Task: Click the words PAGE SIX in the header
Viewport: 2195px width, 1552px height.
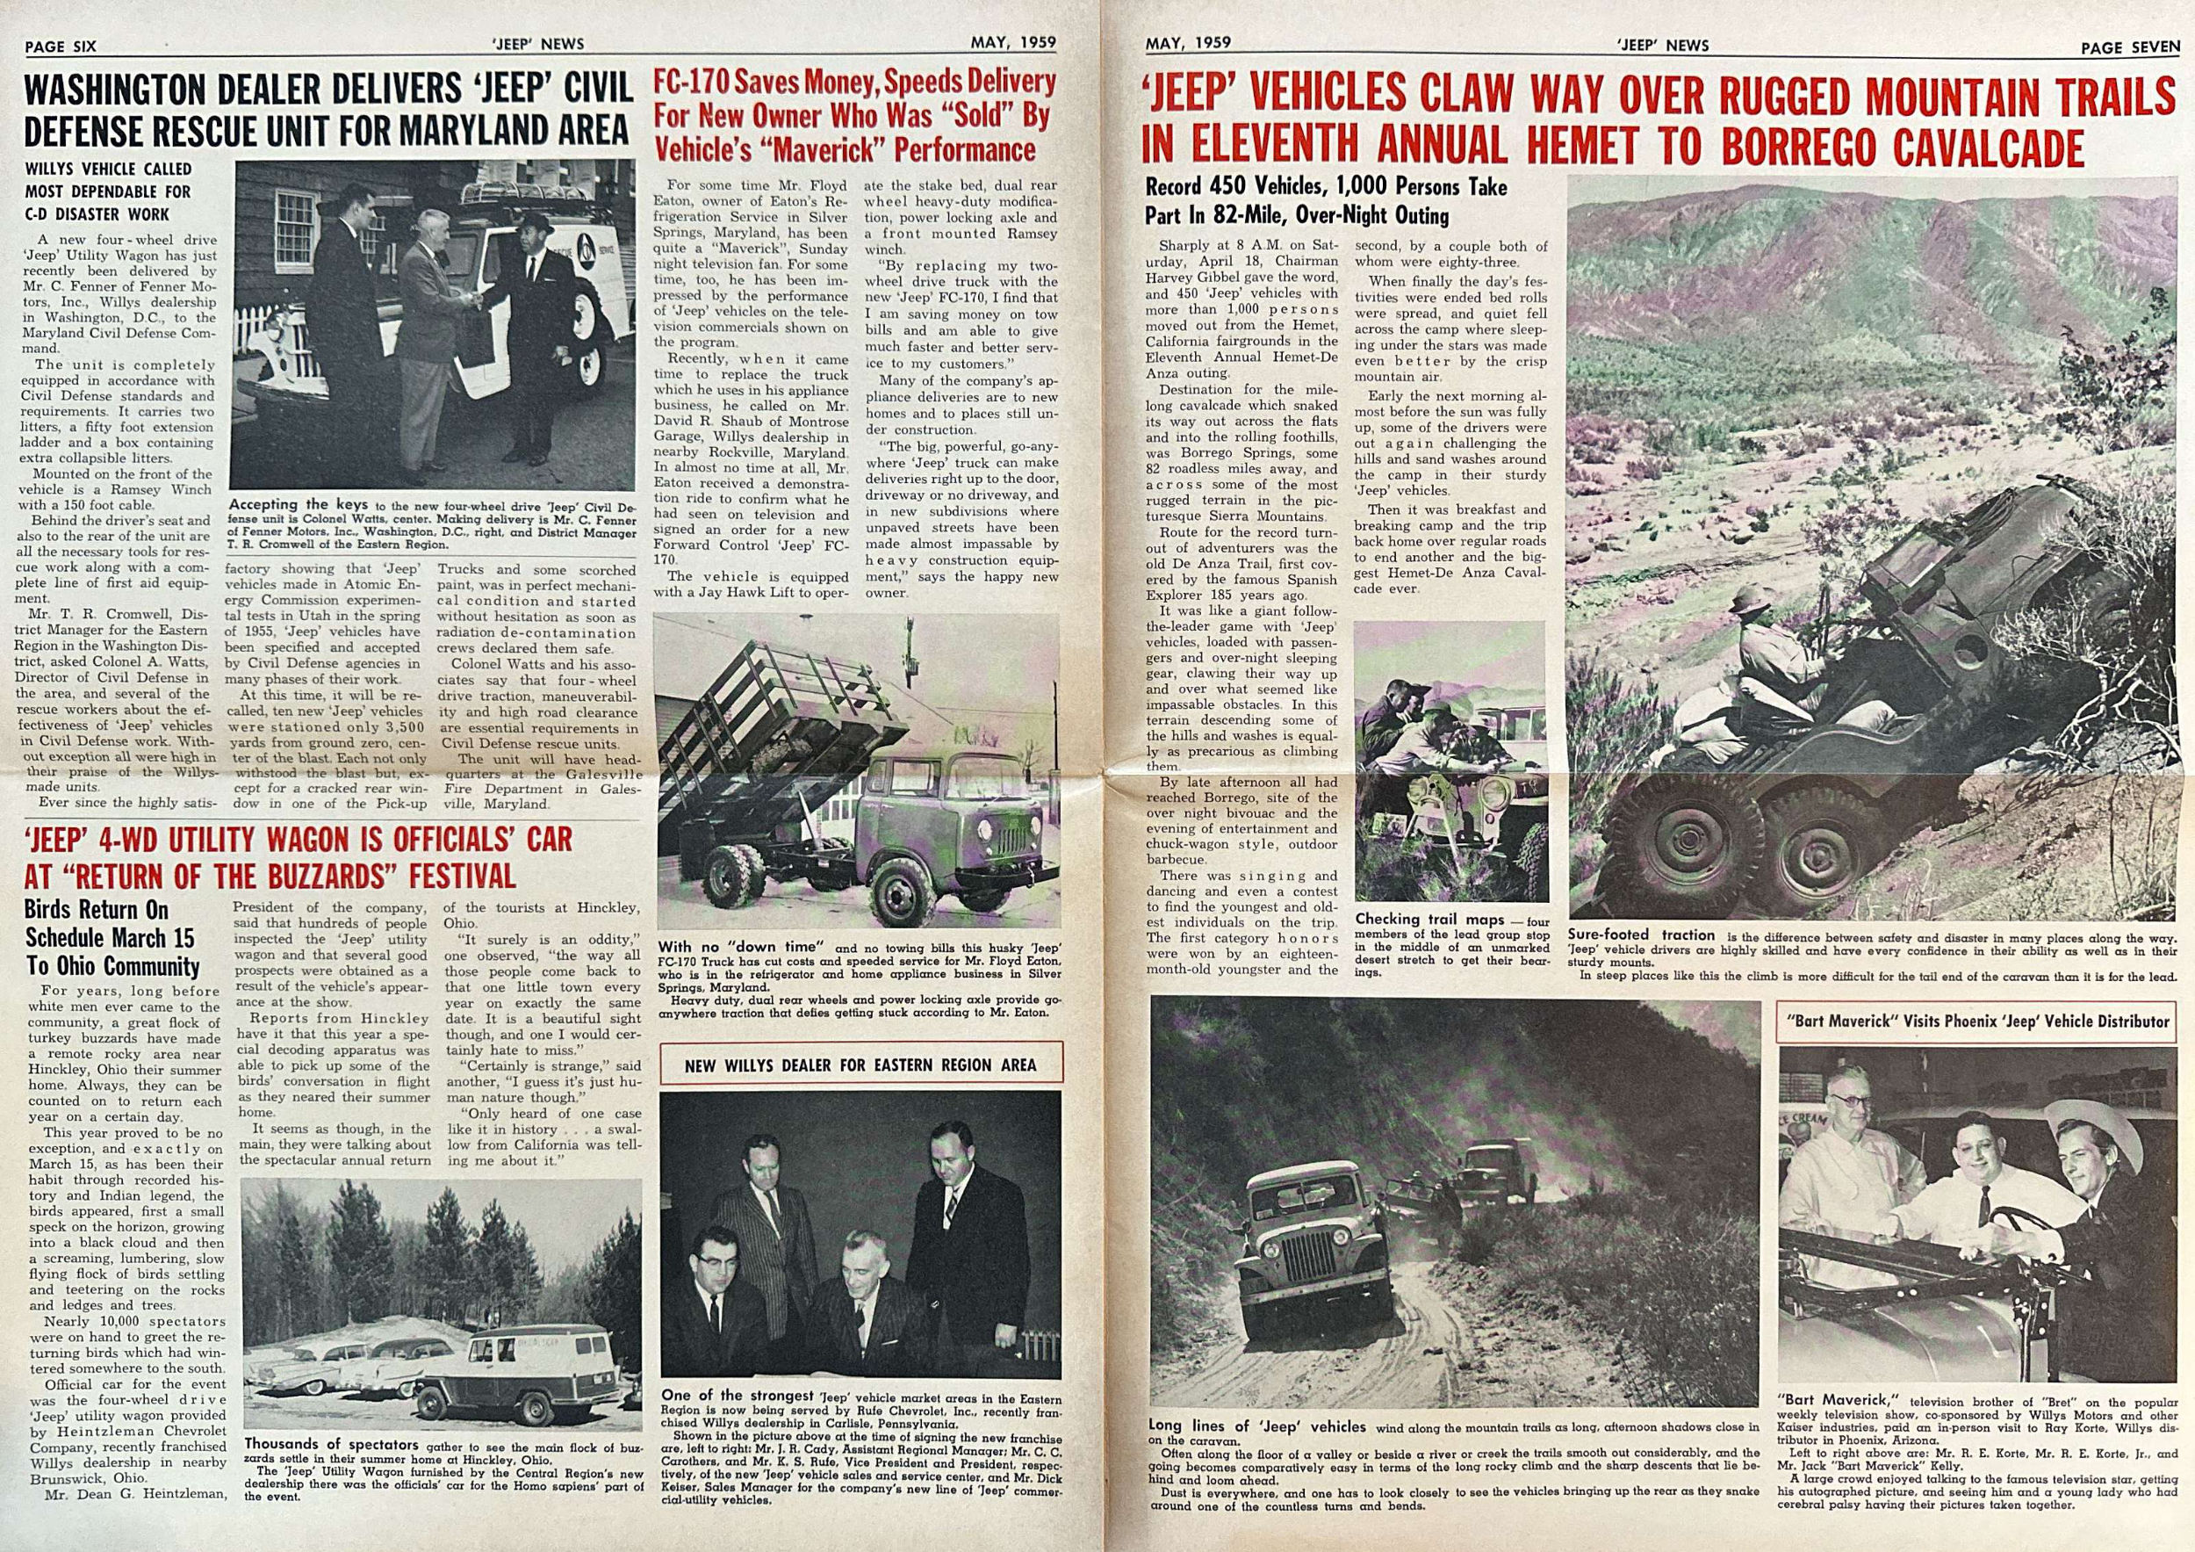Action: coord(61,46)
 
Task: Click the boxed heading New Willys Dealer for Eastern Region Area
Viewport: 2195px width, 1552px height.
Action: coord(860,1065)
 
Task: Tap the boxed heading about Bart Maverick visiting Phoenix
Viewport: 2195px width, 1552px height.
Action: coord(1977,1021)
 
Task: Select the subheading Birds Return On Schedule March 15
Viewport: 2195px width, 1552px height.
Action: coord(110,937)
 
